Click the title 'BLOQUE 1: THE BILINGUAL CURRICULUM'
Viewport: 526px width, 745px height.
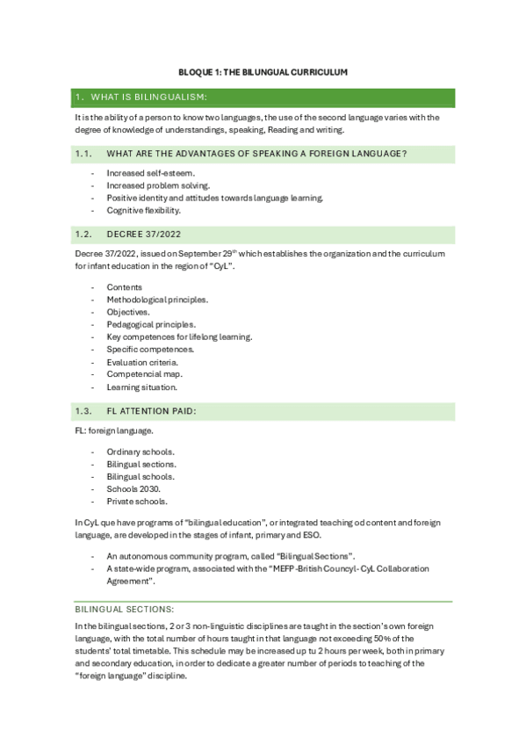263,70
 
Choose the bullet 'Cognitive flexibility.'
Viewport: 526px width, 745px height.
144,211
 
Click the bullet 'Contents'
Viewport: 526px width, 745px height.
124,287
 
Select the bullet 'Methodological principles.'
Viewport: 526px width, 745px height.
157,300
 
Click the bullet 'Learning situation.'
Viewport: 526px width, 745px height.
142,387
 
